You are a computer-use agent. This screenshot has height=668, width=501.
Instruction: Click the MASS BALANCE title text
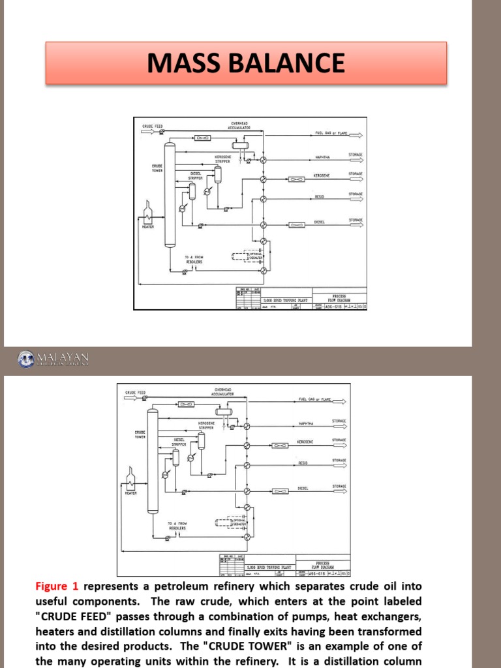point(245,63)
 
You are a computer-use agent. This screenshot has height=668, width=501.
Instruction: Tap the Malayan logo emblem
point(25,358)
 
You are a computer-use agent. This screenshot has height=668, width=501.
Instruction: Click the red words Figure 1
point(57,586)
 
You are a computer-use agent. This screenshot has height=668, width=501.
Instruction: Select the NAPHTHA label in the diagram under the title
point(322,157)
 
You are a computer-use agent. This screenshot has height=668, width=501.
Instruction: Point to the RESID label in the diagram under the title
point(320,196)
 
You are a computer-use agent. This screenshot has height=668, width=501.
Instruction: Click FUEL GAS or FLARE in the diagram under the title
point(331,133)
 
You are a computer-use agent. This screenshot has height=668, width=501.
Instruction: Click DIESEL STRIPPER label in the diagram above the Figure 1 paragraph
point(179,442)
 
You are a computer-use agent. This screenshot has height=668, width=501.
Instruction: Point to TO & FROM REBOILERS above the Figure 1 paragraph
point(177,525)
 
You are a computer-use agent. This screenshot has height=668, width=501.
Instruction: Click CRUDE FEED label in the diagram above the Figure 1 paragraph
point(136,392)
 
